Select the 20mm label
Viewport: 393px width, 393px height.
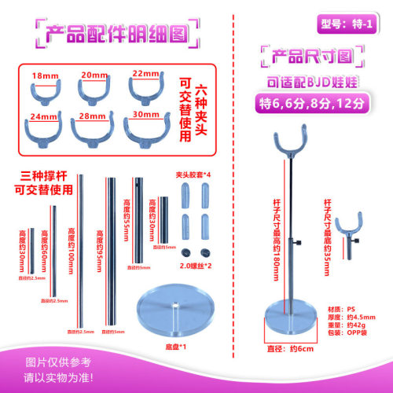[x=94, y=75]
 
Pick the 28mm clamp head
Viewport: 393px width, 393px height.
[x=94, y=127]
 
